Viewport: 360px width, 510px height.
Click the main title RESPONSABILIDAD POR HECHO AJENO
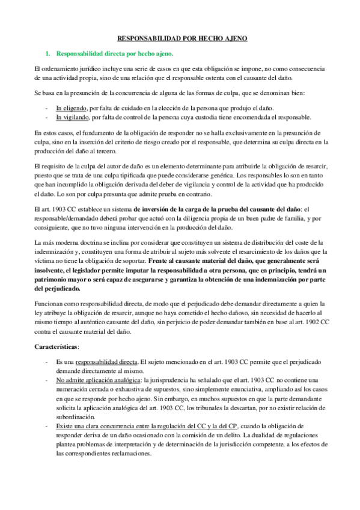coord(180,38)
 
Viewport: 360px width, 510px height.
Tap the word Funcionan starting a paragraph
coord(49,304)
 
